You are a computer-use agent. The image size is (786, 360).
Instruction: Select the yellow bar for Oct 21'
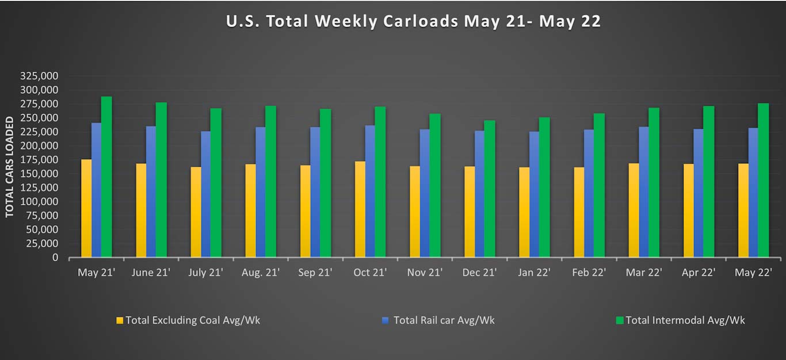tap(360, 209)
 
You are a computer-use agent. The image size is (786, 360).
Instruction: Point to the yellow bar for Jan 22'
tap(524, 212)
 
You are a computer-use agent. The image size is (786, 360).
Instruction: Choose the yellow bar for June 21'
tap(141, 210)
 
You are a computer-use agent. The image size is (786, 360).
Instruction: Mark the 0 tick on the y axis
tap(55, 258)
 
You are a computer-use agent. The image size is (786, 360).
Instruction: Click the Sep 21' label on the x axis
tap(315, 273)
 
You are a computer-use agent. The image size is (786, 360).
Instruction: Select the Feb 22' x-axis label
tap(589, 273)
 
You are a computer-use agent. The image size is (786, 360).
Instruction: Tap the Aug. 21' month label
tap(260, 273)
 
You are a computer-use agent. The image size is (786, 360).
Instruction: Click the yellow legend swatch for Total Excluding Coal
tap(120, 320)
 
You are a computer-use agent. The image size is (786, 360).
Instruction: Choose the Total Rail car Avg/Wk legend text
tap(444, 320)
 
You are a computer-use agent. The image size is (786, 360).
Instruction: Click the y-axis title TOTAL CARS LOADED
tap(10, 167)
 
